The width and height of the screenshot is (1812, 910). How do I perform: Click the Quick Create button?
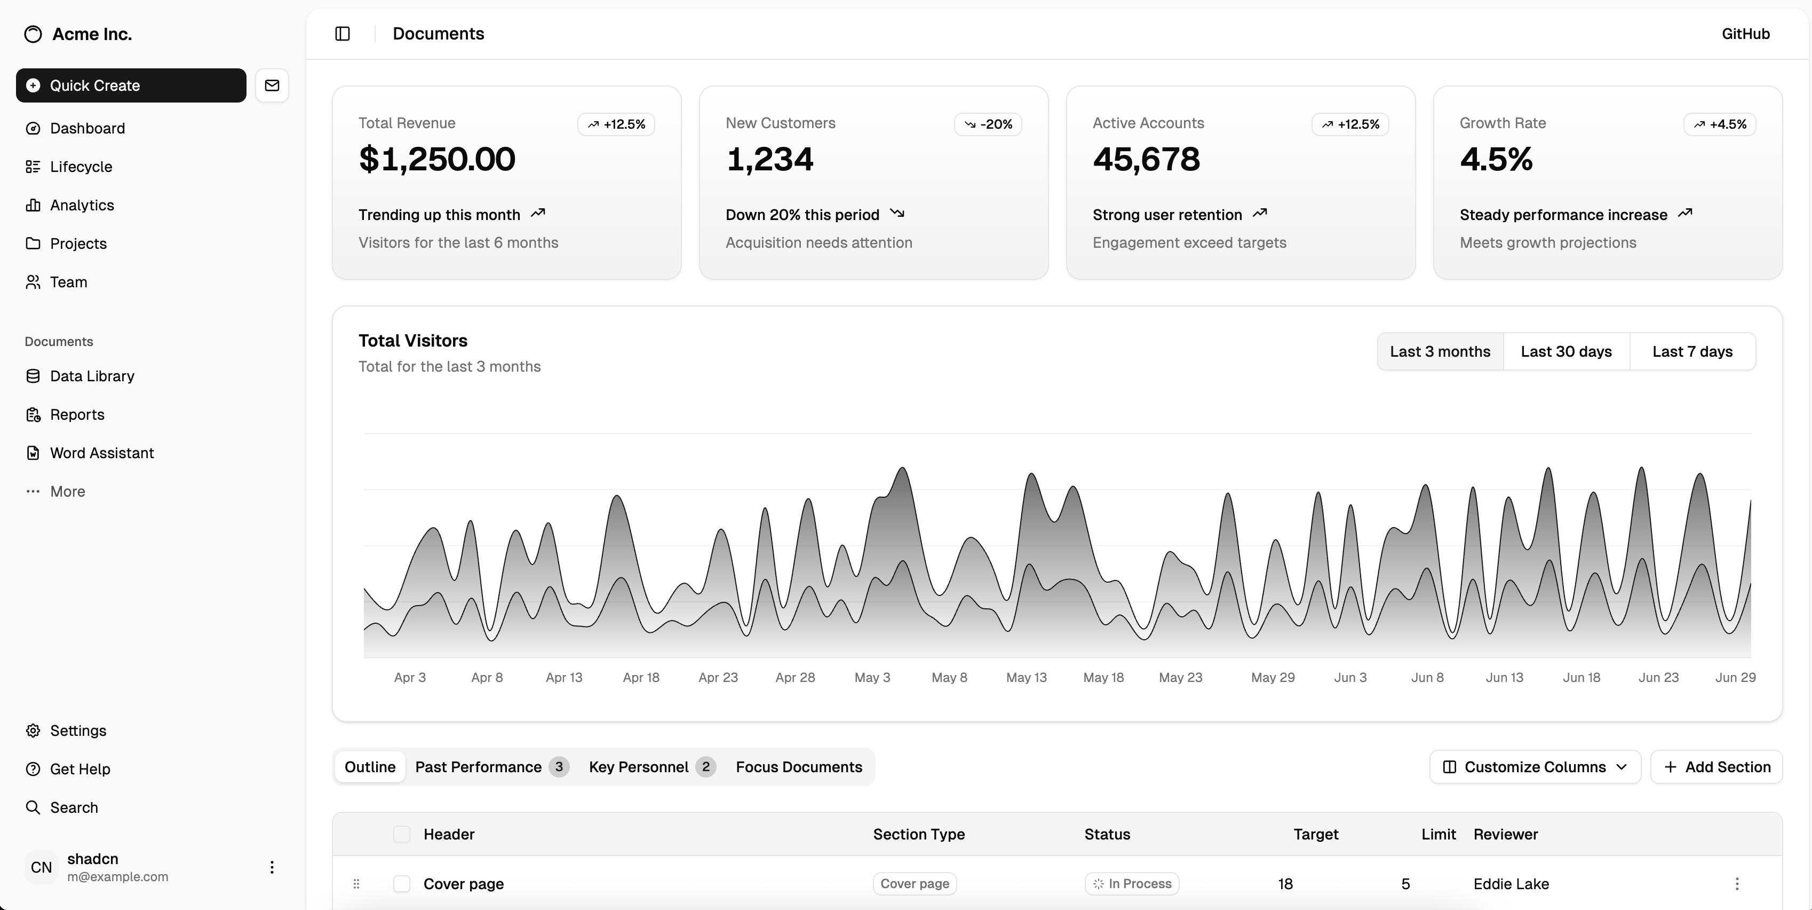131,85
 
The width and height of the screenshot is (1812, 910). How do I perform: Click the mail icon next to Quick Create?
272,85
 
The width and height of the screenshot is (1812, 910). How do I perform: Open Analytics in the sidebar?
82,205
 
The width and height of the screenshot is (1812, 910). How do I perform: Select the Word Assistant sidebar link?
101,452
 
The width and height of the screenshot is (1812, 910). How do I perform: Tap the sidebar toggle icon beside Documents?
343,34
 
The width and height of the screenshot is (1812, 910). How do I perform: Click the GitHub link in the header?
1745,34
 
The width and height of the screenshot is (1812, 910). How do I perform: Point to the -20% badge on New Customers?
988,124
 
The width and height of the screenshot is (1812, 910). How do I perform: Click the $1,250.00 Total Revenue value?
437,159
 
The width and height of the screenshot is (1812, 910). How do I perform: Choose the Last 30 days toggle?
1566,351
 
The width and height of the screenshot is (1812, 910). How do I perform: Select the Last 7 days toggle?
1692,351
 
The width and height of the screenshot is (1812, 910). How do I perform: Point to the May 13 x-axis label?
1026,677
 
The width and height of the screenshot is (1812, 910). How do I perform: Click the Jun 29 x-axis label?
1735,677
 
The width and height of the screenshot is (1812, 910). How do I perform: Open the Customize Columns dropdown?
1535,766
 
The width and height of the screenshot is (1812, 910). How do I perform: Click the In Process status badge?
1132,883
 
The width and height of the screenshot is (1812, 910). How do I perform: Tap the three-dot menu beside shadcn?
272,867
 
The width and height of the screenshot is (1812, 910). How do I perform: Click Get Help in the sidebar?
80,768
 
